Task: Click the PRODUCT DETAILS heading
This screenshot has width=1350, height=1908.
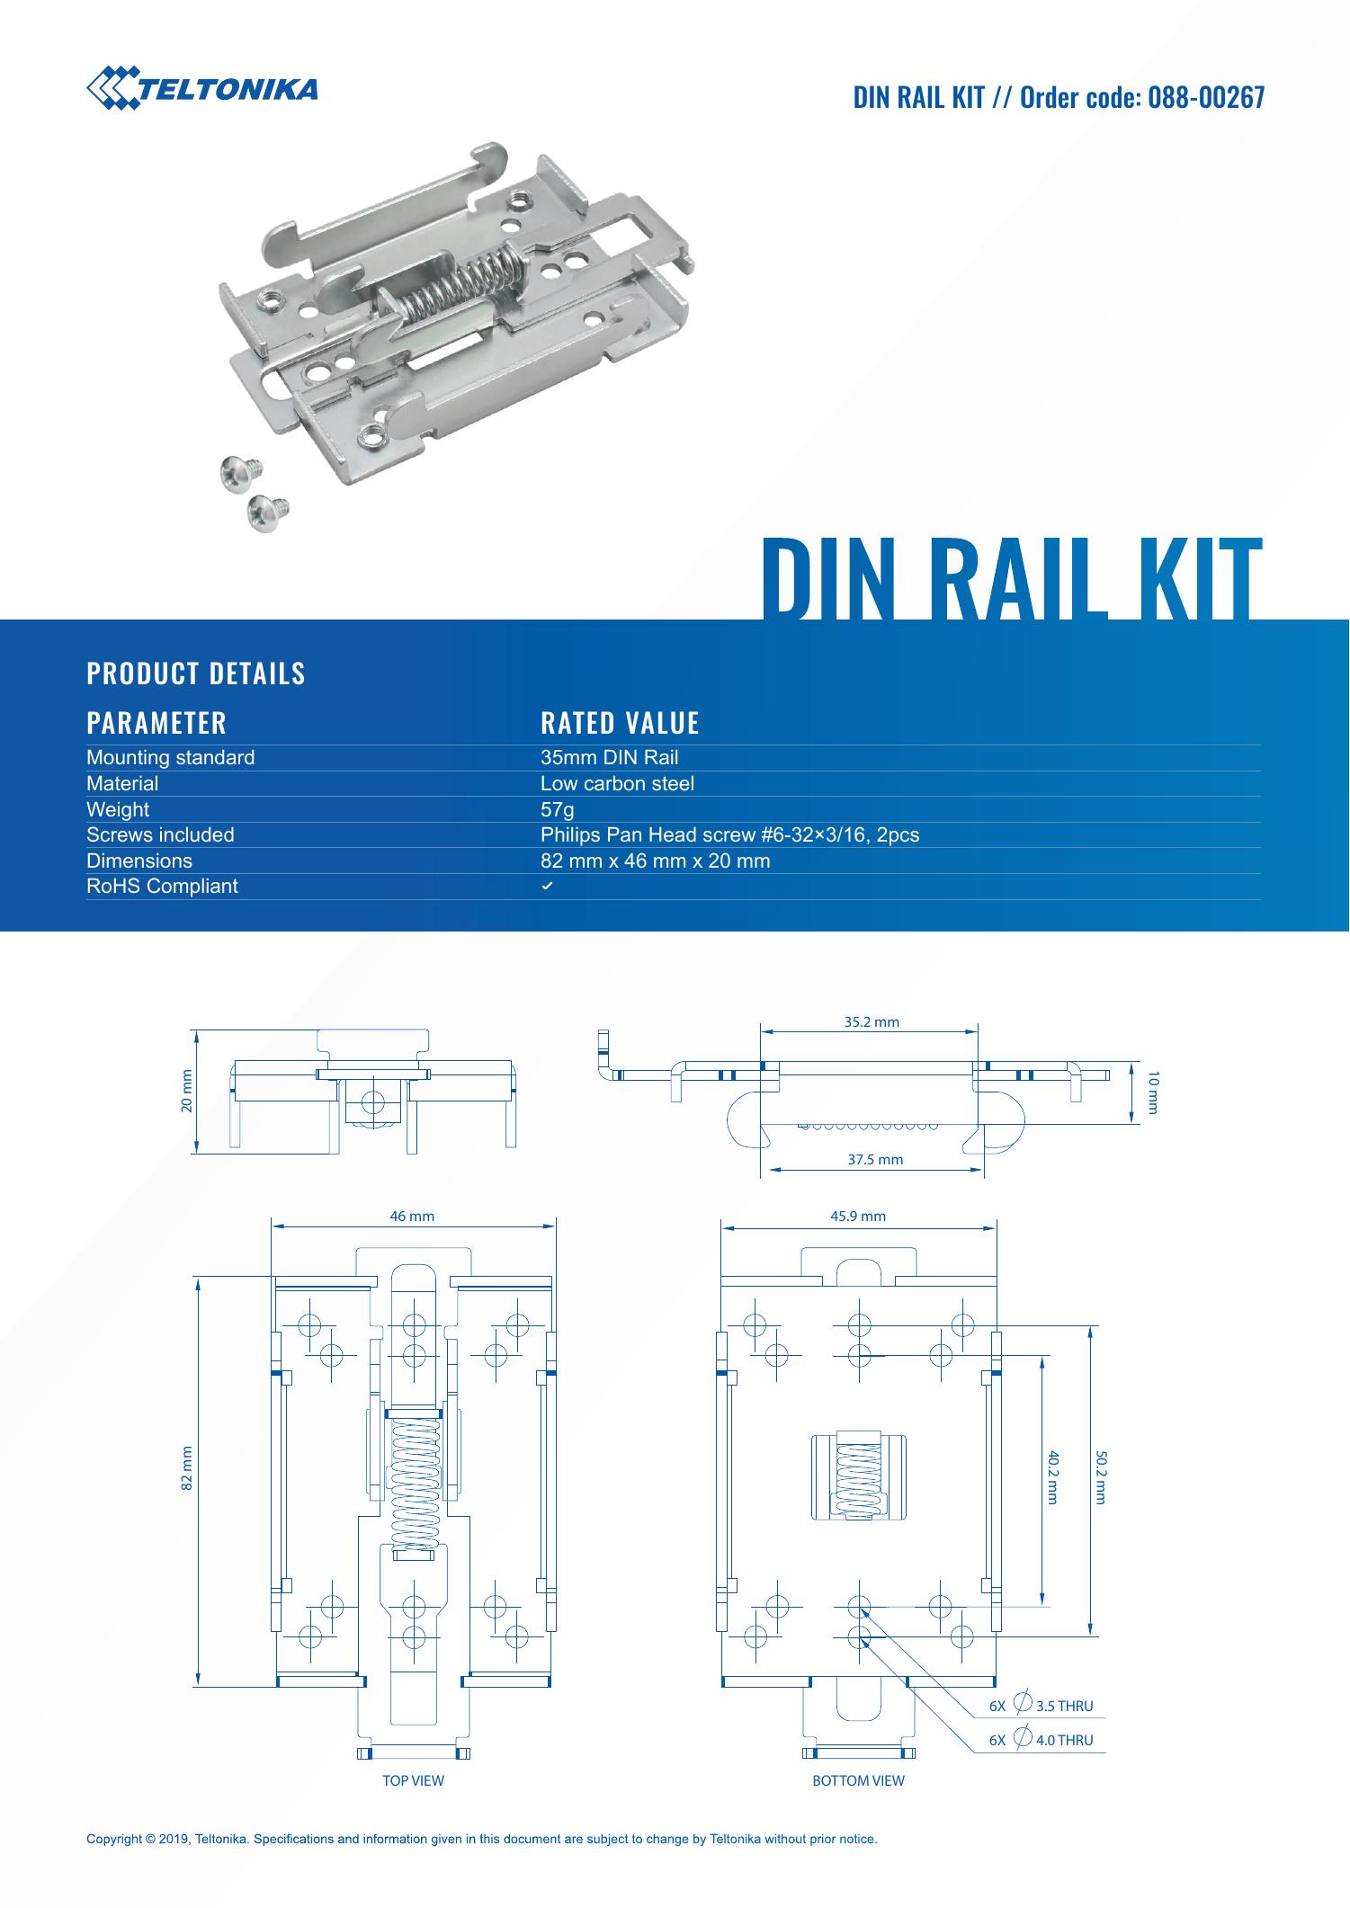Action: tap(195, 673)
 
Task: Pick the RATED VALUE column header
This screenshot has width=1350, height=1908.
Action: tap(620, 723)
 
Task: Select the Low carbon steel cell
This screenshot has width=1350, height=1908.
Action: tap(617, 783)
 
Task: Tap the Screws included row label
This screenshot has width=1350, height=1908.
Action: tap(160, 834)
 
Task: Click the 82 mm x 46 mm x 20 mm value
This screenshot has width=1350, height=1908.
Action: tap(655, 860)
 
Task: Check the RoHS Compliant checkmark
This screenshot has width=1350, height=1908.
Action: tap(546, 887)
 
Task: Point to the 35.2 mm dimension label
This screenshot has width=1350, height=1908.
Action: tap(871, 1021)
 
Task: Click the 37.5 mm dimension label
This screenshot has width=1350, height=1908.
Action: tap(875, 1160)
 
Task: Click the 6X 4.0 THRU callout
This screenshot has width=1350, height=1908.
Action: tap(1041, 1740)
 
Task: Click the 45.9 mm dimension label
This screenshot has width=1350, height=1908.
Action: tap(857, 1217)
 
